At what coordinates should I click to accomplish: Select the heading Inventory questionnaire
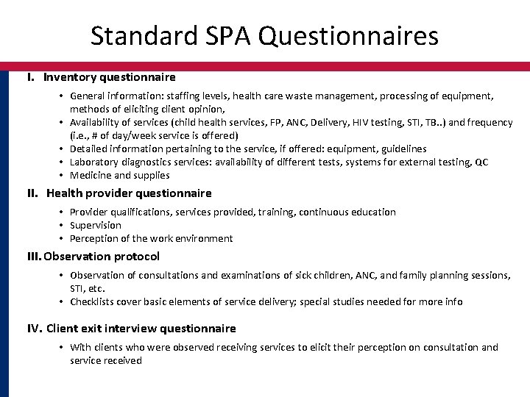(x=109, y=76)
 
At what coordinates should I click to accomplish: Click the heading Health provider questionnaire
(x=129, y=193)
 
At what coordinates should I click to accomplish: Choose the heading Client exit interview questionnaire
(x=141, y=328)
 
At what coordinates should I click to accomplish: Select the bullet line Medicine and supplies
(x=119, y=176)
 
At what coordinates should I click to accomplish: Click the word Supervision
(x=96, y=225)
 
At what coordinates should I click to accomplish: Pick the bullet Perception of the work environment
(x=151, y=238)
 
